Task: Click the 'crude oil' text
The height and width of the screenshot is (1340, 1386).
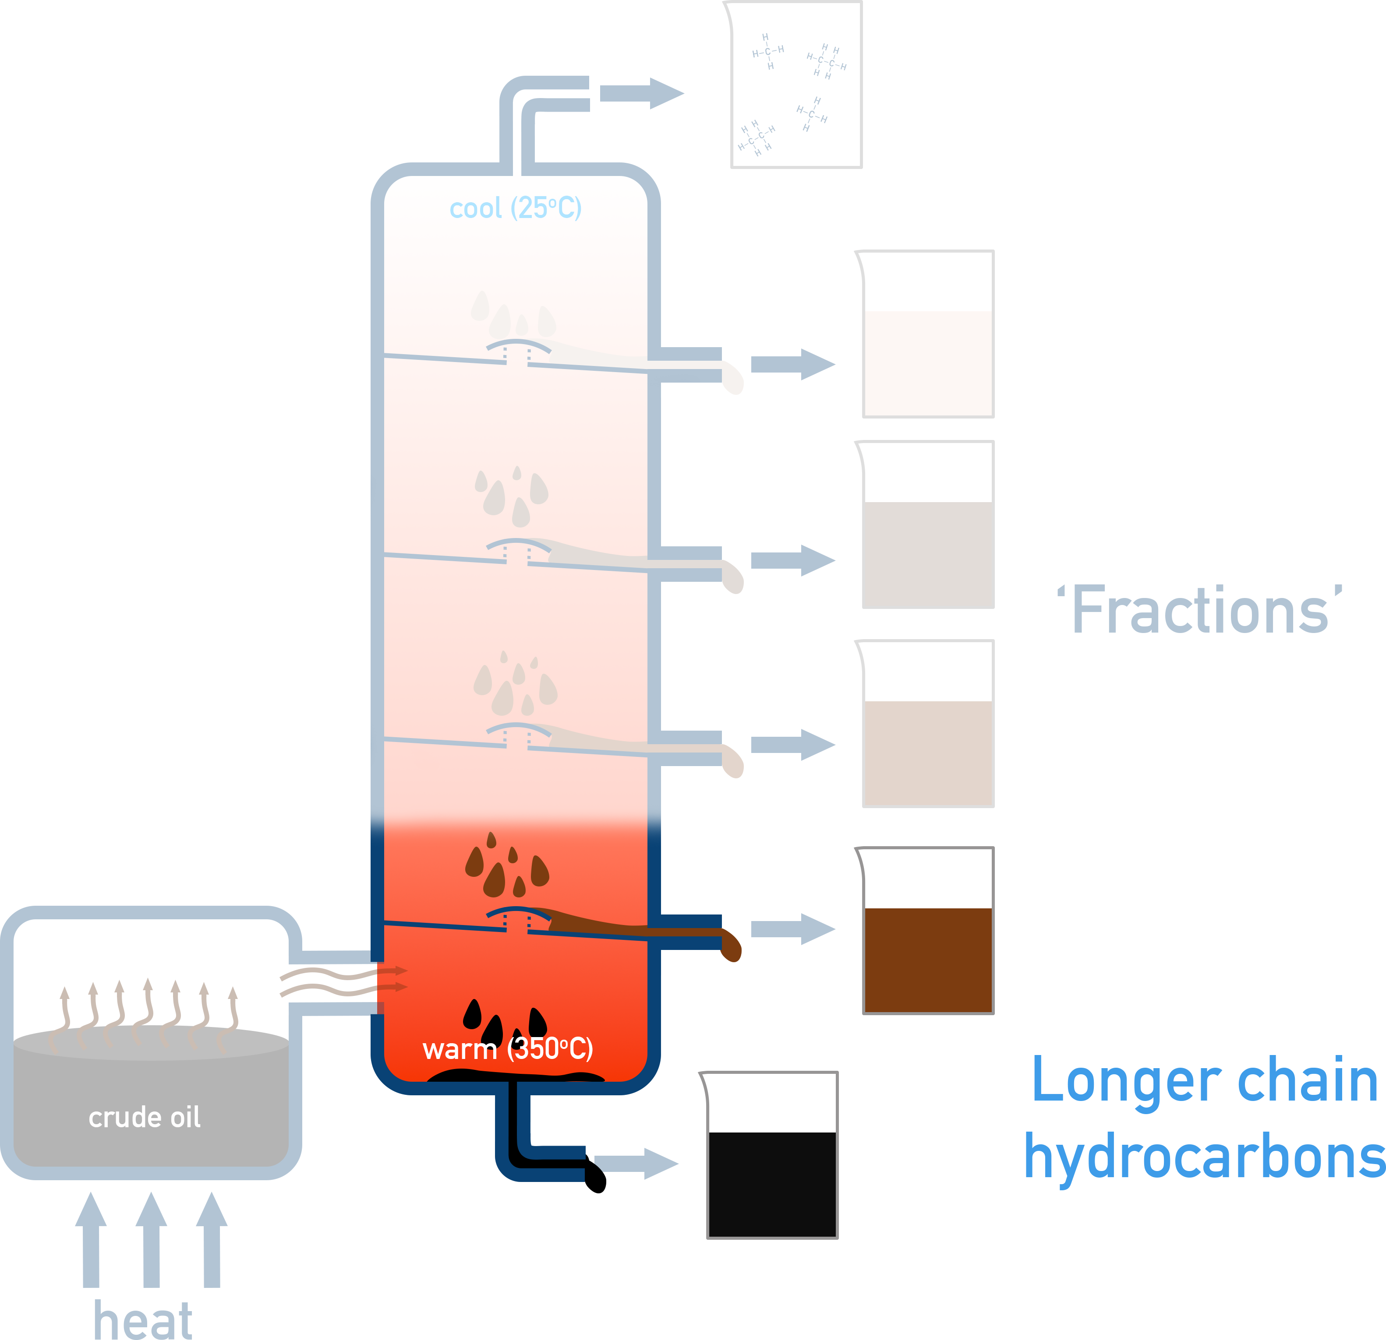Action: [144, 1117]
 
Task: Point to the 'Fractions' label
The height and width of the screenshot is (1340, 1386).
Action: [1199, 611]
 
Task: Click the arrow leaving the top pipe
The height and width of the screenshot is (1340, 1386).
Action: [641, 93]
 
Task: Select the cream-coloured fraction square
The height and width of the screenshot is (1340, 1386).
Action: [928, 363]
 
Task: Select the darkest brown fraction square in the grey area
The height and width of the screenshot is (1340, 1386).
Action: [928, 753]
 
